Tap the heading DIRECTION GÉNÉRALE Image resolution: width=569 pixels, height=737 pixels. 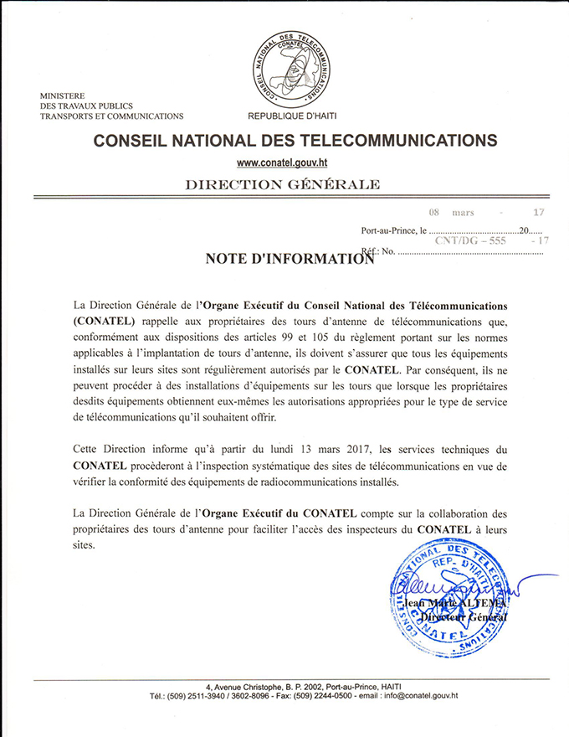282,184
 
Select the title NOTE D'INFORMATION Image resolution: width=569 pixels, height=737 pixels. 289,259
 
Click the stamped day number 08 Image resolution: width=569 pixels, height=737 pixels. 434,213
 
